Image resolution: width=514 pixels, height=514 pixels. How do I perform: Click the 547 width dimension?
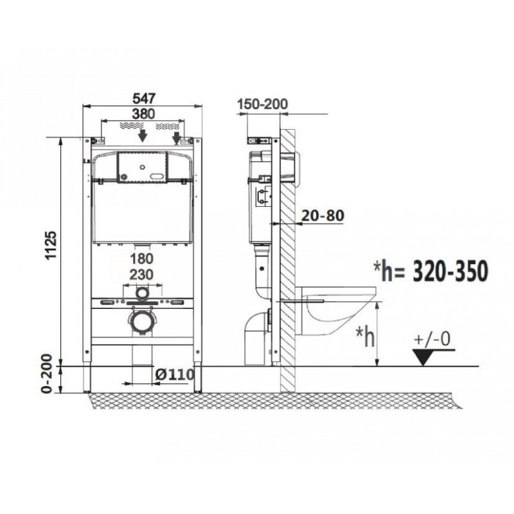tap(143, 98)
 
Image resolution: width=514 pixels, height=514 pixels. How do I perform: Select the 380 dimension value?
tap(143, 114)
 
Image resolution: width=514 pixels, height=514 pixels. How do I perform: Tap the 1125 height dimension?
tap(51, 245)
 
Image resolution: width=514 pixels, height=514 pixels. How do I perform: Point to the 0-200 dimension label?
tap(48, 374)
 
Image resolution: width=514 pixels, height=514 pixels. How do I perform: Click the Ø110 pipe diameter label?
tap(175, 375)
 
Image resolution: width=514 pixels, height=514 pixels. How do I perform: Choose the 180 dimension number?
tap(141, 259)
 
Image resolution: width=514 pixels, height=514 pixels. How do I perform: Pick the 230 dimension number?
tap(141, 274)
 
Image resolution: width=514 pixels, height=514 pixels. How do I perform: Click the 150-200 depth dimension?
tap(262, 104)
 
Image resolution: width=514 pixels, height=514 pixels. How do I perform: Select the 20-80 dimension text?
tap(323, 216)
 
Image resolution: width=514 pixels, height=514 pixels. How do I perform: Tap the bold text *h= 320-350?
tap(430, 271)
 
